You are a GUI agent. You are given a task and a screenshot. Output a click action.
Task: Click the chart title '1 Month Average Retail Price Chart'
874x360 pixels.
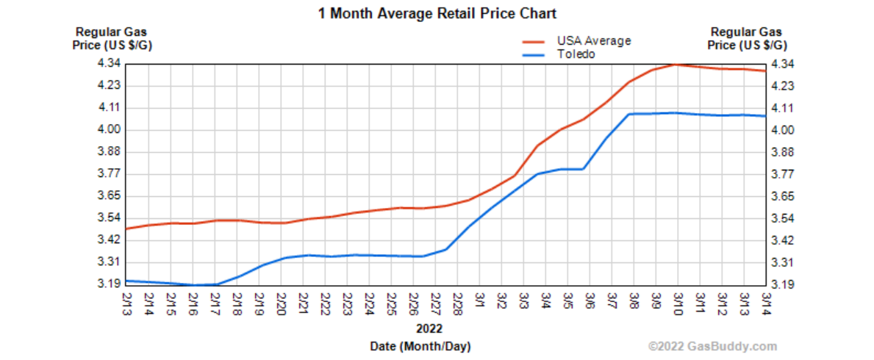coord(437,13)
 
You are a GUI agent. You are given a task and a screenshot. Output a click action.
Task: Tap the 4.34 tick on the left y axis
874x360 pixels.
coord(109,64)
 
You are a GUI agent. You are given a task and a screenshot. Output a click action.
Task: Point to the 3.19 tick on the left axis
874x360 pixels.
coord(109,284)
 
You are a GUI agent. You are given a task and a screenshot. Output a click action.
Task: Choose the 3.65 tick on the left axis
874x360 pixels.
coord(109,196)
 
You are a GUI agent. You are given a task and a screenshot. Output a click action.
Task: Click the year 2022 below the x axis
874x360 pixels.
coord(429,328)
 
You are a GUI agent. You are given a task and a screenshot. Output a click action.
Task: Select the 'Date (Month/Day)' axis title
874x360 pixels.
coord(430,345)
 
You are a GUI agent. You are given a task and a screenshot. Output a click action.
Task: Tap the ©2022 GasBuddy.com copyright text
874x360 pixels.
coord(712,346)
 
